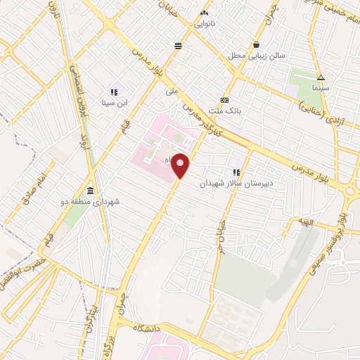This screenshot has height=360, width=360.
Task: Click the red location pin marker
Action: [181, 165]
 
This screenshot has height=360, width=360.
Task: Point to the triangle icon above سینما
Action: [321, 78]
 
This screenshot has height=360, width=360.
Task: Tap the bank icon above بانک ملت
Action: [224, 100]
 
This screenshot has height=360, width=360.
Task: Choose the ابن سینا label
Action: [113, 103]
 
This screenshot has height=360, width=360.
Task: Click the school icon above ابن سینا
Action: [113, 91]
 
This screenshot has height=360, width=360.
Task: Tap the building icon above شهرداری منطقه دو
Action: [90, 191]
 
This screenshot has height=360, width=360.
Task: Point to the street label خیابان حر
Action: [221, 232]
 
